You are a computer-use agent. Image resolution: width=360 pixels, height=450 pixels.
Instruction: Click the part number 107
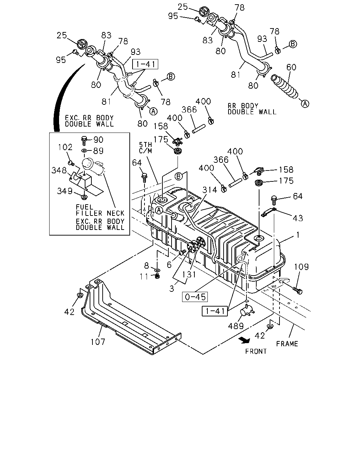click(x=98, y=342)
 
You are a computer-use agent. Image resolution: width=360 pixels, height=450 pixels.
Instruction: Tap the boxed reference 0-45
click(x=195, y=297)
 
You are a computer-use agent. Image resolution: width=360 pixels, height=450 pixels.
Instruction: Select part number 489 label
click(x=236, y=326)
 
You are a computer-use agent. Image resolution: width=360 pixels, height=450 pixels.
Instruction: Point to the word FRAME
click(x=287, y=344)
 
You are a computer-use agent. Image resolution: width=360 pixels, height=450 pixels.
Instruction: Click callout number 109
click(x=301, y=267)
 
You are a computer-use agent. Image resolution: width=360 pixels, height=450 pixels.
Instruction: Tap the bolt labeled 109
click(x=298, y=291)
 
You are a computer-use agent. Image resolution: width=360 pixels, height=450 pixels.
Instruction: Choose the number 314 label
click(x=210, y=190)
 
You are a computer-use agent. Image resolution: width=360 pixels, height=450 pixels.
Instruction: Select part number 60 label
click(x=291, y=67)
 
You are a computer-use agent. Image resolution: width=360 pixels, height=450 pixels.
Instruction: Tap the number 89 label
click(x=98, y=151)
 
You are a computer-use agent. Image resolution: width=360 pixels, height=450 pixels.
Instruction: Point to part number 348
click(x=59, y=171)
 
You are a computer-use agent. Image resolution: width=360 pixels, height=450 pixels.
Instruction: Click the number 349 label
click(x=65, y=191)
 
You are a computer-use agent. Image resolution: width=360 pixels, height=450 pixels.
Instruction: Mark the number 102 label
click(x=65, y=147)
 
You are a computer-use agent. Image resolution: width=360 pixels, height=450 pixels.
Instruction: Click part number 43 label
click(x=298, y=218)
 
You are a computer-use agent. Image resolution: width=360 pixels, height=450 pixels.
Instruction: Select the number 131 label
click(x=189, y=274)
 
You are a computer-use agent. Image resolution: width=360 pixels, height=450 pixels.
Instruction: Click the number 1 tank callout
click(x=298, y=235)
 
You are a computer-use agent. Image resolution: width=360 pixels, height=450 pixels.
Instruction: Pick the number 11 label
click(x=144, y=276)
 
